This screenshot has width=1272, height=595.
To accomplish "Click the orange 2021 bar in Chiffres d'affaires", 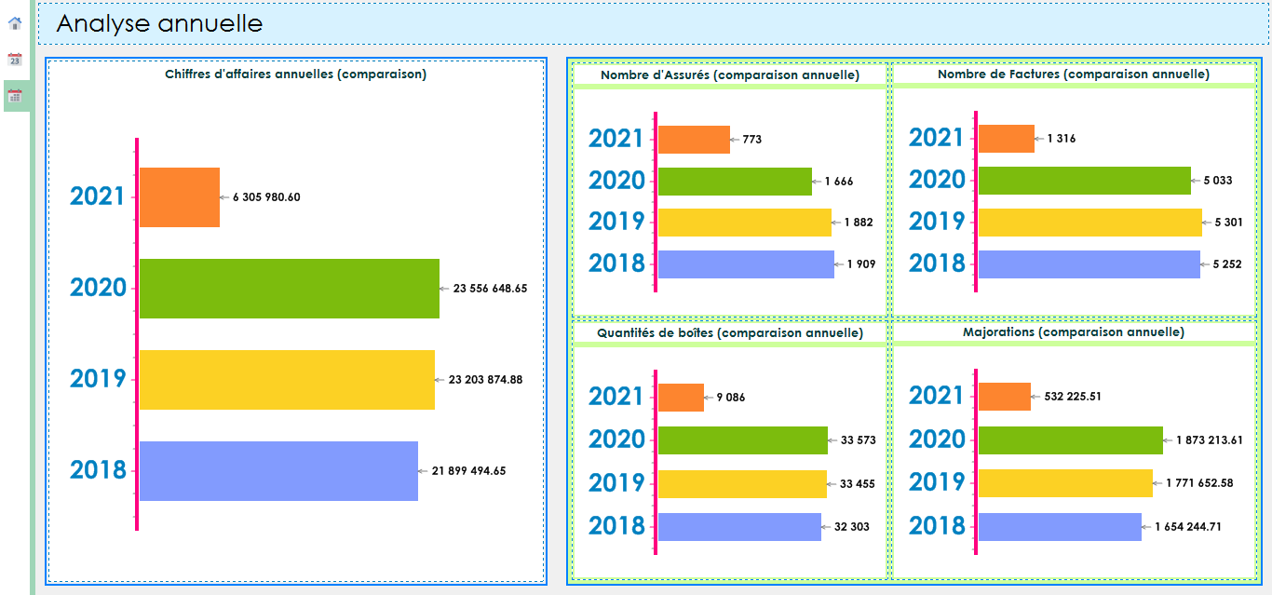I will click(x=180, y=197).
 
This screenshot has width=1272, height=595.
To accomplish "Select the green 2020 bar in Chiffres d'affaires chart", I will click(x=289, y=289).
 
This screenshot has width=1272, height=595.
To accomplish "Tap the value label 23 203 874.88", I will click(x=485, y=380).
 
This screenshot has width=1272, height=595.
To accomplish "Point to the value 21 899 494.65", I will click(x=468, y=471).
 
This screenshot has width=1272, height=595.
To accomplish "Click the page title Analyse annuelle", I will click(x=159, y=24).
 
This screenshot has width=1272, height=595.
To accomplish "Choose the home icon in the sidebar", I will click(x=15, y=23).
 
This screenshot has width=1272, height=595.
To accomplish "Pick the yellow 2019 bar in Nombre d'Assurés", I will click(x=744, y=223).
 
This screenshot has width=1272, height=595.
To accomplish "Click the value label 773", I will click(x=752, y=140).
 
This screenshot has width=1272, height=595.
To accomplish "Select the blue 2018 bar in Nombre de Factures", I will click(x=1089, y=264).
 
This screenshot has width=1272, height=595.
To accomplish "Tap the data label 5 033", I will click(x=1215, y=181).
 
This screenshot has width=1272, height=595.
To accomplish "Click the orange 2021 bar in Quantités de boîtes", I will click(x=681, y=398).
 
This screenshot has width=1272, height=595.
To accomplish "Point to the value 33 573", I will click(x=858, y=440).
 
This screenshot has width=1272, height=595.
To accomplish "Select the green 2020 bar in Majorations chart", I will click(x=1070, y=440).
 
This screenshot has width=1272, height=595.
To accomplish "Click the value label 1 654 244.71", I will click(x=1187, y=527).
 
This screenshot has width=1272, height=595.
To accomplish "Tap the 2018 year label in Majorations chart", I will click(x=937, y=526).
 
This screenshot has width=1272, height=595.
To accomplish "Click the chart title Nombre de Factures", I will click(x=1073, y=74).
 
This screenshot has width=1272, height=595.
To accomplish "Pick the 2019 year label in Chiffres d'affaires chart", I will click(x=98, y=379).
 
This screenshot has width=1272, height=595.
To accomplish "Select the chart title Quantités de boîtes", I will click(x=729, y=332).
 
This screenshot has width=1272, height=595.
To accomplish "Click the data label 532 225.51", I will click(x=1073, y=397).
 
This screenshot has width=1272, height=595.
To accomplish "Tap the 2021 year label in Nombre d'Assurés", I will click(x=616, y=139).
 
